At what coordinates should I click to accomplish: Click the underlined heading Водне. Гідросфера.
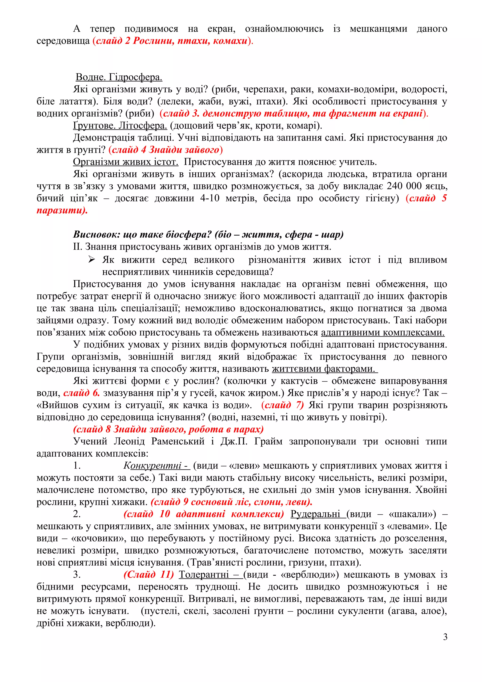(119, 77)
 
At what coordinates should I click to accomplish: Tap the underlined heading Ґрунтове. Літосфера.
(120, 126)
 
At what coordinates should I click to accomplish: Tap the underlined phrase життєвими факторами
(324, 369)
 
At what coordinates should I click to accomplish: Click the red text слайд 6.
(81, 393)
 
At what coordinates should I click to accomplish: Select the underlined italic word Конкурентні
(157, 465)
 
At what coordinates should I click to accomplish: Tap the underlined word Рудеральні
(317, 514)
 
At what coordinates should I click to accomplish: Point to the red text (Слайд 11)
(149, 575)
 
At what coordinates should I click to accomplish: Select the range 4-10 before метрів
(210, 198)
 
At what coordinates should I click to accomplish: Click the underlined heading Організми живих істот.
(125, 162)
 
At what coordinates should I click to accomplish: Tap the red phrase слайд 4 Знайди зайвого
(165, 150)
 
